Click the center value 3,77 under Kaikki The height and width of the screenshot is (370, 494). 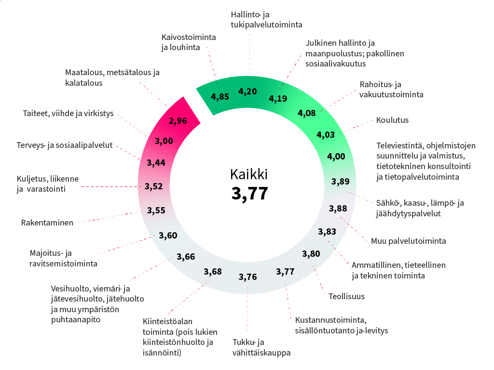(x=249, y=193)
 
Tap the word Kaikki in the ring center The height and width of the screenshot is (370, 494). (x=249, y=174)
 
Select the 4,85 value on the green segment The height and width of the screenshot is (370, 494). (x=220, y=96)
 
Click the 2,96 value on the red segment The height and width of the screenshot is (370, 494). (x=178, y=120)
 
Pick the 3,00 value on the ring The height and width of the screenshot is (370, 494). (x=164, y=141)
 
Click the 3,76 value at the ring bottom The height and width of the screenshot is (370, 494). (x=248, y=277)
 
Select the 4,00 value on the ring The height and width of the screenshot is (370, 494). (x=336, y=156)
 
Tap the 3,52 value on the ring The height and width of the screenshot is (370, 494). (x=154, y=186)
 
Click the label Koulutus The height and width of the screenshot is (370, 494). (x=392, y=120)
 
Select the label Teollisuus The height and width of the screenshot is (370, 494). (x=346, y=296)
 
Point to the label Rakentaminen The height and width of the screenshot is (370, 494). (x=47, y=223)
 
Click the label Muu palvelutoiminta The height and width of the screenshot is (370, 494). (x=408, y=241)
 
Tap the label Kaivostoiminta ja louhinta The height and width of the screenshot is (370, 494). (x=188, y=42)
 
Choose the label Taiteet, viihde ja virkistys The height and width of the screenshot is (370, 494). (x=68, y=114)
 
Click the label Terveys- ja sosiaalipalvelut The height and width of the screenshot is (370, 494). (x=64, y=145)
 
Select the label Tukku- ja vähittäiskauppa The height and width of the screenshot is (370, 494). (x=261, y=348)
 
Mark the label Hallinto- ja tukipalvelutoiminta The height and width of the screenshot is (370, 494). (x=266, y=20)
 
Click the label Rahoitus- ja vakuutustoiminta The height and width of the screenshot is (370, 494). (x=391, y=89)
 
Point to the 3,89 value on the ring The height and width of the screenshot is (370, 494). (x=341, y=182)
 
